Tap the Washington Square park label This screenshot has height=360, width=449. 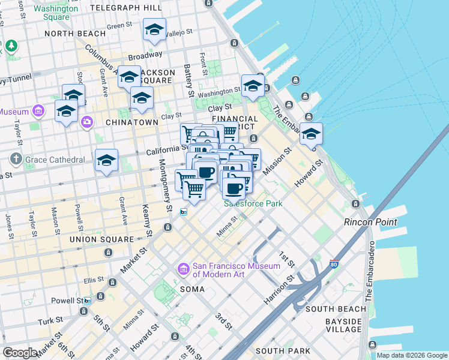click(56, 13)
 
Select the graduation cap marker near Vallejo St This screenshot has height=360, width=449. click(154, 30)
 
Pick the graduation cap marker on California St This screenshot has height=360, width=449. click(106, 161)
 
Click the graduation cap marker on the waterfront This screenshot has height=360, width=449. click(311, 134)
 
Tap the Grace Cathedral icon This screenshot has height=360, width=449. click(15, 160)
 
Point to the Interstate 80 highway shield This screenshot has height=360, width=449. click(318, 264)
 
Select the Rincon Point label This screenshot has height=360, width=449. click(370, 222)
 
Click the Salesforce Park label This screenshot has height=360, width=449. click(253, 203)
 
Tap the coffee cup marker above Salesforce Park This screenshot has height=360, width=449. click(233, 188)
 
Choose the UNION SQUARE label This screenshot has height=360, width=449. click(101, 239)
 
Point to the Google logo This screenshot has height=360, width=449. click(20, 353)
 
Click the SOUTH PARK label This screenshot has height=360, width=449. click(282, 350)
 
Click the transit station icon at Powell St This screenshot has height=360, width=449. click(88, 301)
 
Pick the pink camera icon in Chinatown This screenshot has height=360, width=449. click(88, 122)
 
